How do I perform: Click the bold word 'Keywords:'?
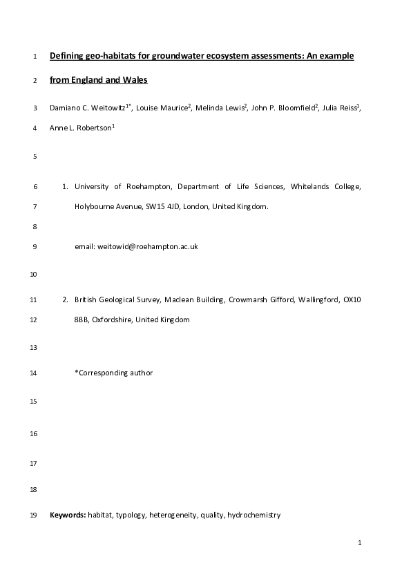point(68,515)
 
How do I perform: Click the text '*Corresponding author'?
point(113,373)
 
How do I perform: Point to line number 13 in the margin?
point(34,348)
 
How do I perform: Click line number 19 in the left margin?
point(34,515)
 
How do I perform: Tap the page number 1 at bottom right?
point(360,544)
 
